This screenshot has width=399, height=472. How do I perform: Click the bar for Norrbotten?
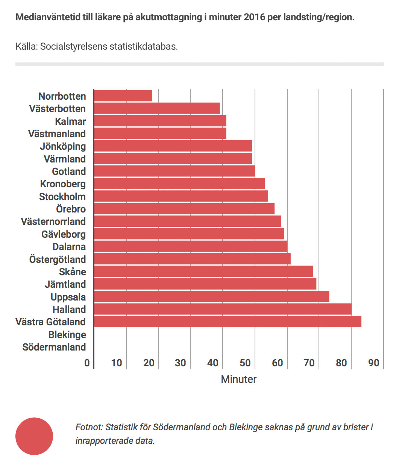point(123,96)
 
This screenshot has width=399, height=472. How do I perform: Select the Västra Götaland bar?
point(228,322)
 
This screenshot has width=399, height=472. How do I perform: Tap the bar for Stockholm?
point(181,196)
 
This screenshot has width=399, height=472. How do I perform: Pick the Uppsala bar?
point(211,297)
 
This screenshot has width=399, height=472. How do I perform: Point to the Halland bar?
point(223,309)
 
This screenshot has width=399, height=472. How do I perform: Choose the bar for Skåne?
point(203,272)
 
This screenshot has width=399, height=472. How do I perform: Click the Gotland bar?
point(174,171)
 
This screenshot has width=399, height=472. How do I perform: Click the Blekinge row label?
point(67,335)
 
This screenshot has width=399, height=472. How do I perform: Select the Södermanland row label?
point(54,347)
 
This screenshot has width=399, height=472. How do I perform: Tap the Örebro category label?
point(71,209)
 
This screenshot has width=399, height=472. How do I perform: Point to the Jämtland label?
point(65,284)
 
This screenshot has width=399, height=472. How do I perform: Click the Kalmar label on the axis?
point(70,121)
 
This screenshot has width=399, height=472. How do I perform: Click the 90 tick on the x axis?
point(373,363)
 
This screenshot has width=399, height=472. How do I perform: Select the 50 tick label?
point(245,363)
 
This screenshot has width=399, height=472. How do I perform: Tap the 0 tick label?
point(87,363)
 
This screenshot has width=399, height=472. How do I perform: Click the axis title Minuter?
point(238,379)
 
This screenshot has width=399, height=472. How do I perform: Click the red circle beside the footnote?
point(34,436)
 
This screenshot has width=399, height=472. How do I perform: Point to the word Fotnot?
point(89,427)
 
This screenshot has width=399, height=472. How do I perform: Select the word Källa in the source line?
point(26,47)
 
